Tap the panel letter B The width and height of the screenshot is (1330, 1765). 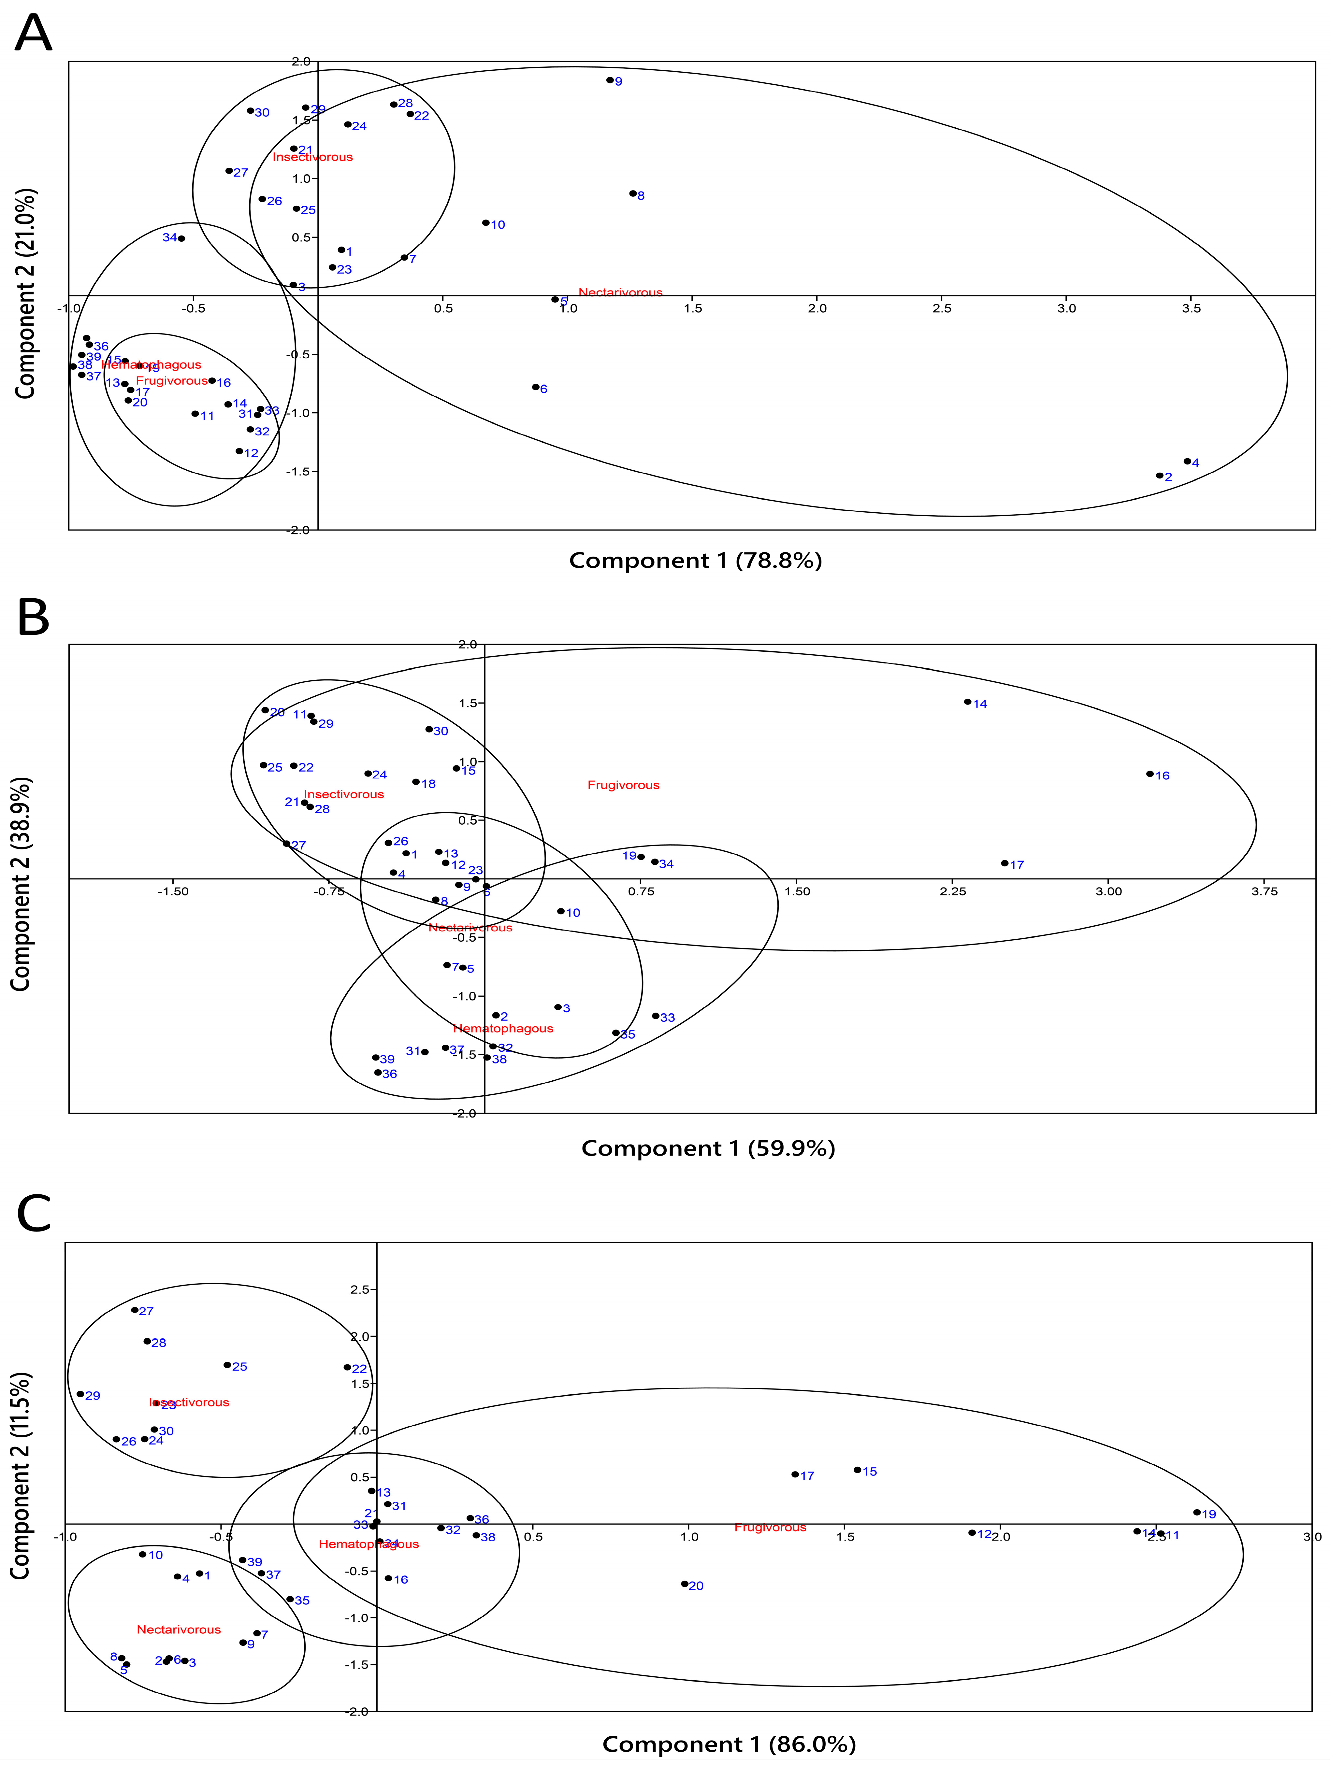34,619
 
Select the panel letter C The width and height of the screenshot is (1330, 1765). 34,1214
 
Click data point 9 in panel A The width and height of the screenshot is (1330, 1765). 610,80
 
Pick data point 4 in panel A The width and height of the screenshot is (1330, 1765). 1187,461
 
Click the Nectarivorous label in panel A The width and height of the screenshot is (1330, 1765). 620,292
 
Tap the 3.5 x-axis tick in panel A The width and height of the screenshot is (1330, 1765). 1191,309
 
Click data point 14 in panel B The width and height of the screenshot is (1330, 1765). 968,702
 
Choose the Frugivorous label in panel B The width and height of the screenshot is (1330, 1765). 624,785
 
